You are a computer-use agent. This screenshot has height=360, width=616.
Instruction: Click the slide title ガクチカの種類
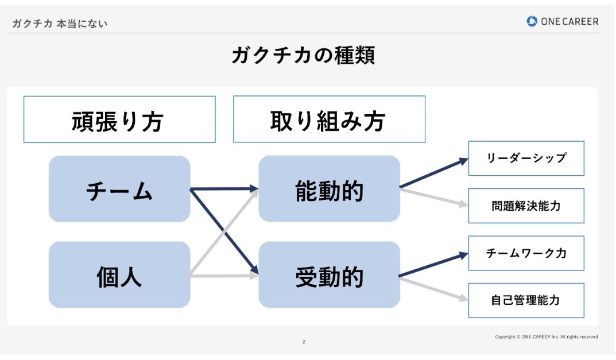pos(303,55)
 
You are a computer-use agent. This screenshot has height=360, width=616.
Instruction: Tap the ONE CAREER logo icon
pos(532,21)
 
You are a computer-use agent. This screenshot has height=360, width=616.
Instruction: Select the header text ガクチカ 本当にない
pos(60,24)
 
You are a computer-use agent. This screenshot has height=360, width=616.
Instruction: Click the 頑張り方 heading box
pos(119,119)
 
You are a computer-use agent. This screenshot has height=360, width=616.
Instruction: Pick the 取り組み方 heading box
pos(329,119)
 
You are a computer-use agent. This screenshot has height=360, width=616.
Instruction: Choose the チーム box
pos(119,189)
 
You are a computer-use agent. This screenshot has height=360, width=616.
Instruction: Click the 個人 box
pos(119,274)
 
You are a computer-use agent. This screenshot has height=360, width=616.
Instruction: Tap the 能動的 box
pos(329,189)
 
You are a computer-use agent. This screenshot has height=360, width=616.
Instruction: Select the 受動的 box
pos(329,274)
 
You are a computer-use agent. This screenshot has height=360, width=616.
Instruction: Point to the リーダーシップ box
pos(526,158)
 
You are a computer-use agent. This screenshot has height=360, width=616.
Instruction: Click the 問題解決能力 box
pos(526,206)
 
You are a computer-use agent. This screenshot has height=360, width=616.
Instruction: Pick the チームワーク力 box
pos(526,253)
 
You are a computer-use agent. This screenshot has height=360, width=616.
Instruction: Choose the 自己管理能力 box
pos(526,301)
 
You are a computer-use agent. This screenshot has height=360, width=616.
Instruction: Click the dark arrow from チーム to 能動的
pos(224,189)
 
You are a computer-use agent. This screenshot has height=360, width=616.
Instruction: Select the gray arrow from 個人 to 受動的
pos(224,276)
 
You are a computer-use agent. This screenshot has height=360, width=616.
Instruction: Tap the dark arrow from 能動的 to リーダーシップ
pos(434,172)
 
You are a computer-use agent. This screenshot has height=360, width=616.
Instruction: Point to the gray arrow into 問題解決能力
pos(434,197)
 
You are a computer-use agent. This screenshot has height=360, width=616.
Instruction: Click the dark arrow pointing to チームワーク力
pos(433,265)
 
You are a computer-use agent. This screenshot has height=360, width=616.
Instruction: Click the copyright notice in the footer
pos(547,337)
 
